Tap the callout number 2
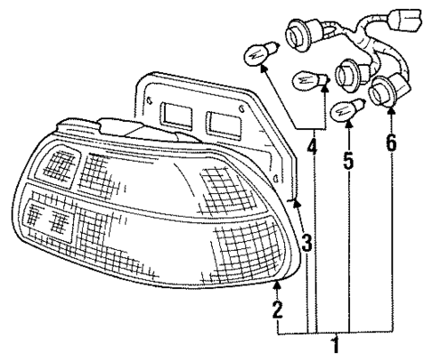coord(277,310)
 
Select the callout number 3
coord(305,242)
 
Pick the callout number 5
coord(348,164)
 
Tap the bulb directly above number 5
coord(343,111)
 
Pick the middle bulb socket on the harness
coord(348,68)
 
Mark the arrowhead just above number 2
coord(277,286)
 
